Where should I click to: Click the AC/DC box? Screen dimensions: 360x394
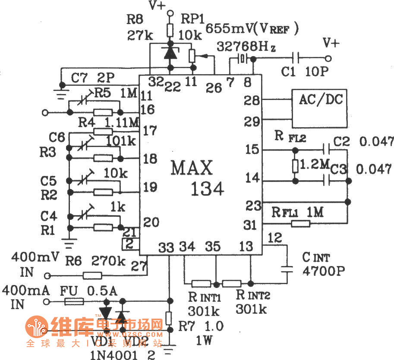pos(319,108)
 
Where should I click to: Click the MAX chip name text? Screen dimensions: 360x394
pos(192,168)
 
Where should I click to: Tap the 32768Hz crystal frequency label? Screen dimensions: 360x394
pos(246,46)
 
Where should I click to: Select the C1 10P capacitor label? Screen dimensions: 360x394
pos(304,72)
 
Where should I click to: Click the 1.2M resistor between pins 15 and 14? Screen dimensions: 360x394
pos(295,166)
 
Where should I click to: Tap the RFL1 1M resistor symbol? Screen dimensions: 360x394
pos(300,223)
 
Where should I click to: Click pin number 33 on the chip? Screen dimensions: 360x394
pos(166,247)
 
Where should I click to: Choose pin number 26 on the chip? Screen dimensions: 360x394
pos(214,88)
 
